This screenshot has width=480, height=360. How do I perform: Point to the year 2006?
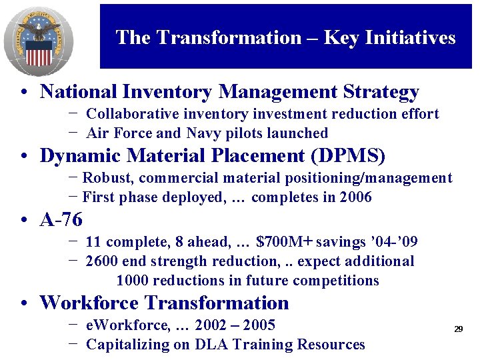click(x=355, y=197)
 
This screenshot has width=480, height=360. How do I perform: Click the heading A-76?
click(x=61, y=219)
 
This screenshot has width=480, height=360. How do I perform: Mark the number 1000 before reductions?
click(x=132, y=281)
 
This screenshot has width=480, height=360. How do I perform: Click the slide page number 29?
click(x=459, y=329)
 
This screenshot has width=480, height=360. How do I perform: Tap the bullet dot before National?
click(x=23, y=93)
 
